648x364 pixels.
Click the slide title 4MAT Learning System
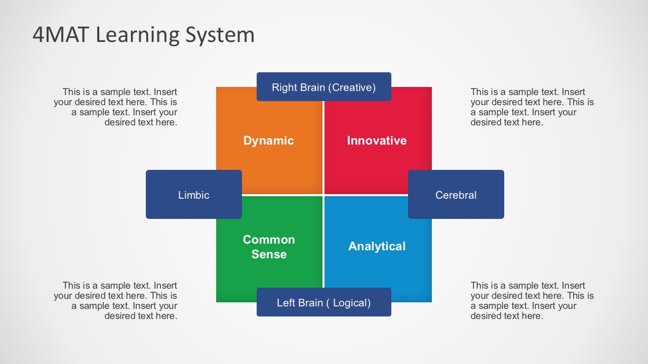143,35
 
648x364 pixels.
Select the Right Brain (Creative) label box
323,87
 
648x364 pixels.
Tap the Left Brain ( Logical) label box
323,302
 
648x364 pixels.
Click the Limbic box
193,195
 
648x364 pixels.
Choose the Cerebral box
456,195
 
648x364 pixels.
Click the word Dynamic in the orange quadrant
268,141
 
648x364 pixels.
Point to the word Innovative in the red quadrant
377,141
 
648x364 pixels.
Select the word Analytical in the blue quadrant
377,246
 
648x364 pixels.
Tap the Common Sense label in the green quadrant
269,247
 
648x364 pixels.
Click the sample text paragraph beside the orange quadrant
116,107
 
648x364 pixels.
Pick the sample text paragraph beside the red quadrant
532,107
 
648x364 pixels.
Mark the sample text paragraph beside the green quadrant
116,301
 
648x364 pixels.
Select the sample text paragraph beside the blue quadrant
532,301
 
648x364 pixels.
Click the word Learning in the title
137,35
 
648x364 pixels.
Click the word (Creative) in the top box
352,87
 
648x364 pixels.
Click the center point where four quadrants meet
323,195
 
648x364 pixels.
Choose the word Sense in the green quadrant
269,254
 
